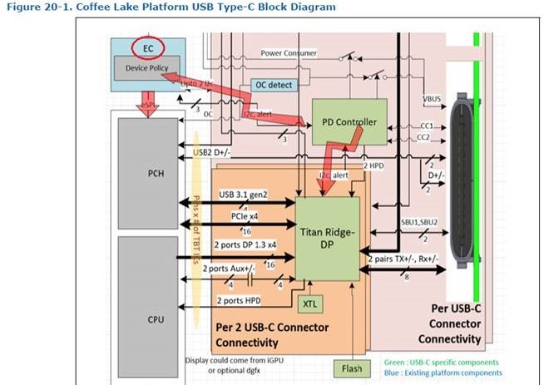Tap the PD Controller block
click(349, 122)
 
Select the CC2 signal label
click(423, 136)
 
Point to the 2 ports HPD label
click(241, 299)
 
